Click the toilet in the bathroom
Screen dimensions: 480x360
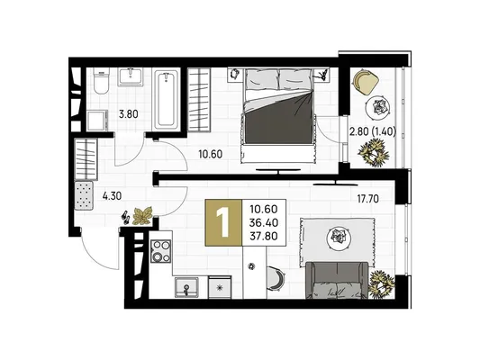(x=101, y=81)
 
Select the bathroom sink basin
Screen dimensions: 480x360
(x=131, y=76)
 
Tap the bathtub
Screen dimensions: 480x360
(x=166, y=100)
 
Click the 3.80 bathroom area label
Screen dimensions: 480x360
(x=129, y=114)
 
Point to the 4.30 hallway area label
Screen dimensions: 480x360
(x=112, y=196)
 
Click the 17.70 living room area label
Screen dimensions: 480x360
(x=368, y=199)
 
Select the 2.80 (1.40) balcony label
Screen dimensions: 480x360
(x=373, y=131)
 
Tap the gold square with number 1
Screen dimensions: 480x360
(x=223, y=222)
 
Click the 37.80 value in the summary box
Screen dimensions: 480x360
(x=264, y=236)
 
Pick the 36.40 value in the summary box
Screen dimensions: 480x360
(x=264, y=222)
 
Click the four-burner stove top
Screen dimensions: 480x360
(x=161, y=252)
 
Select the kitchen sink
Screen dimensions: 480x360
(x=186, y=287)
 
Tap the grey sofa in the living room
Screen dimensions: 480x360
(x=337, y=280)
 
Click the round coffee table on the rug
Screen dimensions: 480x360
(x=339, y=236)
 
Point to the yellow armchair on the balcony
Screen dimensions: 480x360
(x=366, y=82)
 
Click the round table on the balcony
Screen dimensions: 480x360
(x=378, y=107)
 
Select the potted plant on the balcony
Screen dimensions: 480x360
(x=374, y=152)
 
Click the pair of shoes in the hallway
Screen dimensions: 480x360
(x=126, y=216)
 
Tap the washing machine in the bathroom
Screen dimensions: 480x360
(x=98, y=121)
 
